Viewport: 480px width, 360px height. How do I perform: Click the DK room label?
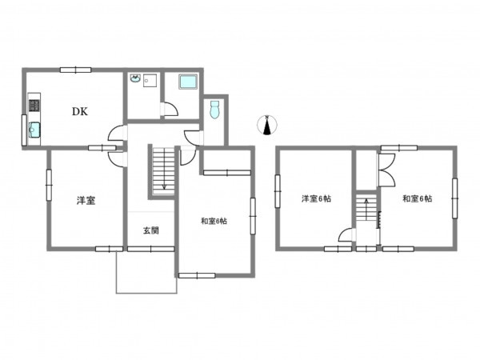click(80, 111)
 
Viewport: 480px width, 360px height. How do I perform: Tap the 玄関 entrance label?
click(151, 230)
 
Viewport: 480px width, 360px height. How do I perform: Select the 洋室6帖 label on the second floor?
click(316, 198)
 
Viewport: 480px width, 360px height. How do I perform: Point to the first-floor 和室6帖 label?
click(214, 221)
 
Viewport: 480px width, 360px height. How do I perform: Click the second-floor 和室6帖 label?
click(418, 198)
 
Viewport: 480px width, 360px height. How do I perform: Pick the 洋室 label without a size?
click(86, 201)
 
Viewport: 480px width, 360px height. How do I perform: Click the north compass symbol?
click(267, 125)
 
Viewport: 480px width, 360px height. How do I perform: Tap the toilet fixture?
click(215, 110)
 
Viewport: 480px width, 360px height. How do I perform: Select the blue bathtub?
click(188, 82)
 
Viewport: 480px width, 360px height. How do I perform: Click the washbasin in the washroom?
click(134, 78)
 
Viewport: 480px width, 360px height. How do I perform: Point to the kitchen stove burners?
click(34, 106)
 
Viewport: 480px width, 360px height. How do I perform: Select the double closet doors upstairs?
click(386, 170)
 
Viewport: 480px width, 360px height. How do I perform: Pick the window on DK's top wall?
click(76, 70)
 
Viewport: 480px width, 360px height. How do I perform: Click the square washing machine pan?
click(150, 81)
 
